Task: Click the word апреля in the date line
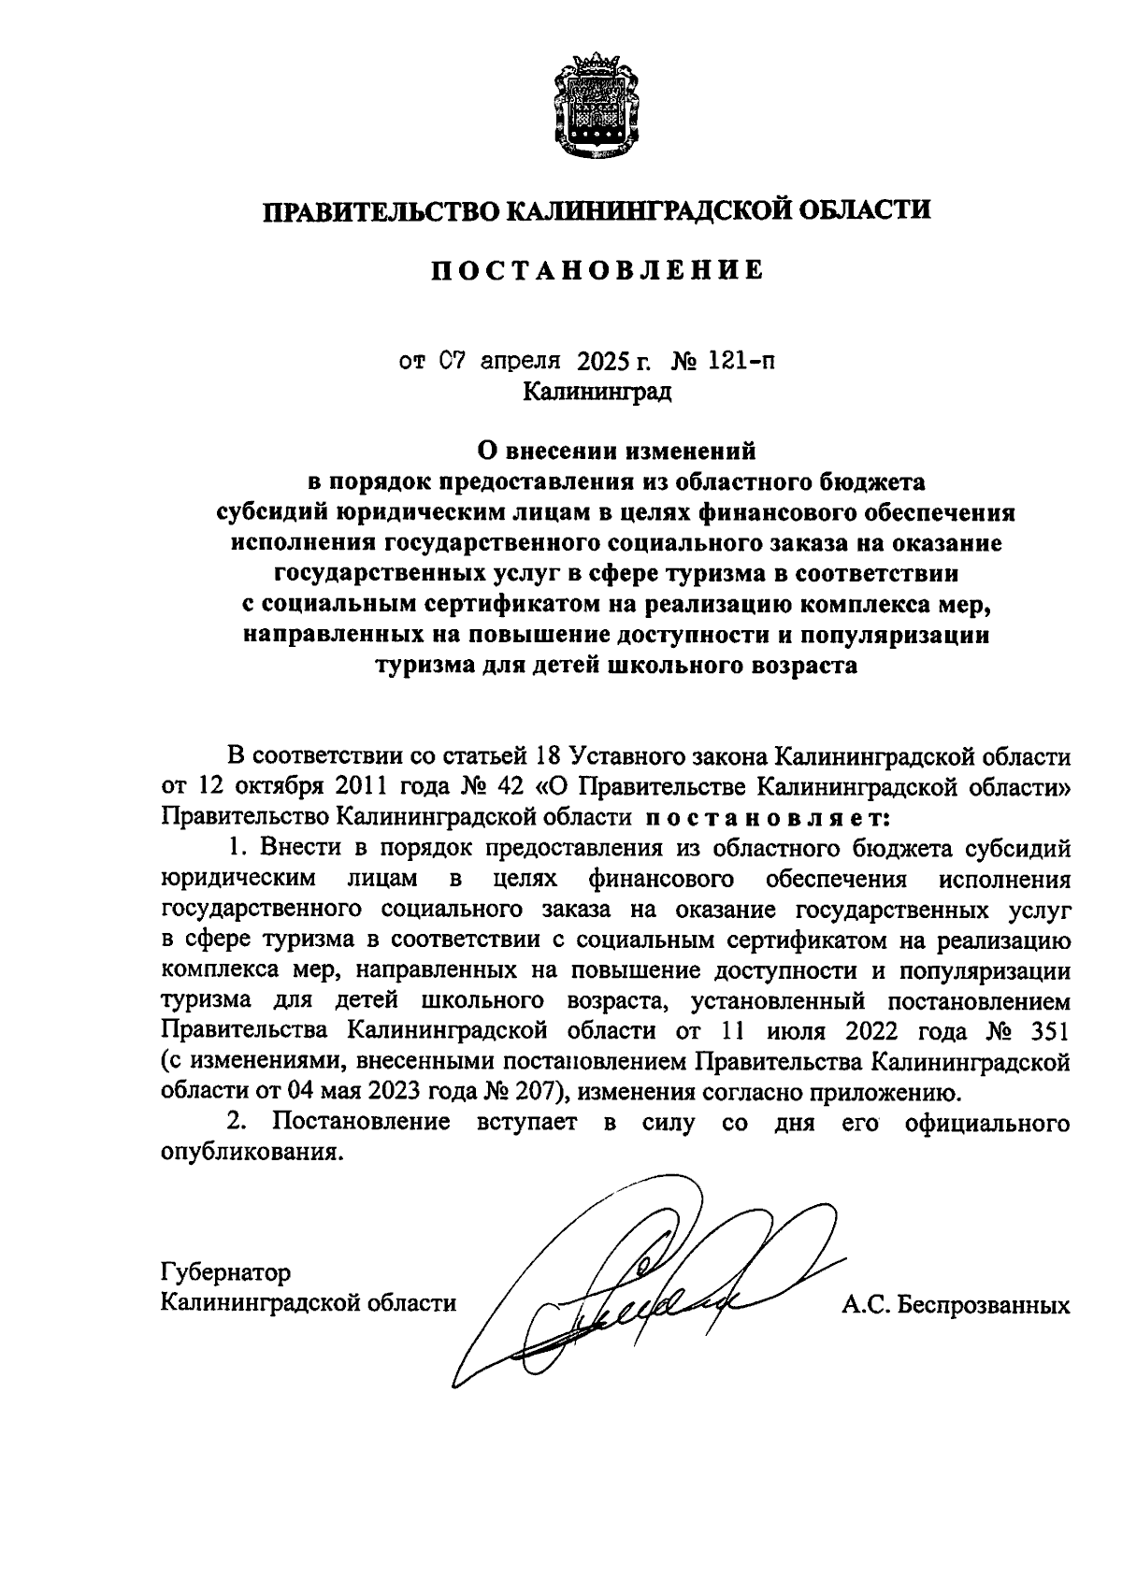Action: (520, 360)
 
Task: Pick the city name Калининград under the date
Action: (597, 392)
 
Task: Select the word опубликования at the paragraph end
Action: (247, 1152)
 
